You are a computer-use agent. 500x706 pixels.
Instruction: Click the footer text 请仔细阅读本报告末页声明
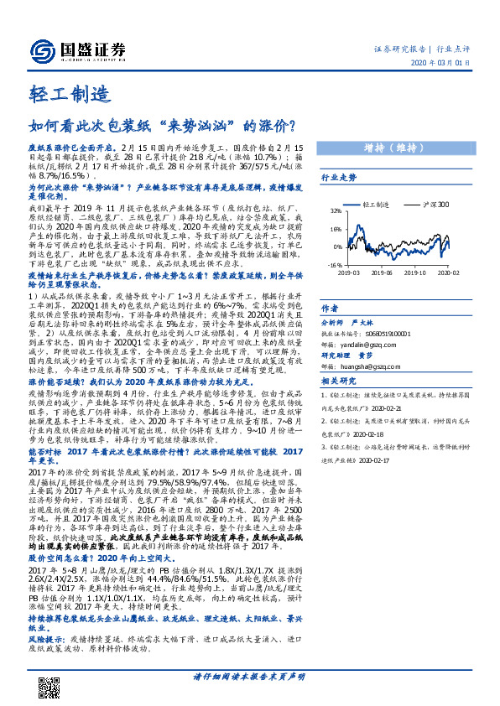250,677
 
